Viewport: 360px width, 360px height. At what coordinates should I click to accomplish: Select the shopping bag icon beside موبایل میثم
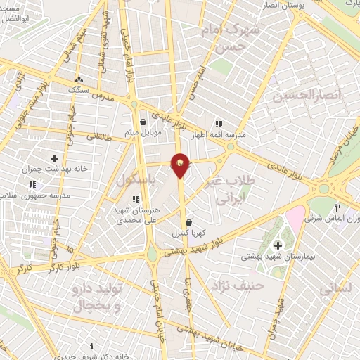pos(143,121)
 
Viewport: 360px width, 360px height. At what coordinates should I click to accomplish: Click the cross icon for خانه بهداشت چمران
pos(55,157)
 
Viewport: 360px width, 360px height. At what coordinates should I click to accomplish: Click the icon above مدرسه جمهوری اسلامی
pos(32,184)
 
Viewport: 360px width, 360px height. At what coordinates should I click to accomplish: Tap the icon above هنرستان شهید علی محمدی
pos(136,199)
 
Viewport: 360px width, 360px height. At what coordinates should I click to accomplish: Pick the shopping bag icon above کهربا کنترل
pos(188,221)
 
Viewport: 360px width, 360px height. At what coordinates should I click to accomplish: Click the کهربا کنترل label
pos(187,232)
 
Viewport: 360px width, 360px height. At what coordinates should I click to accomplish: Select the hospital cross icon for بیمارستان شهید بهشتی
pos(278,245)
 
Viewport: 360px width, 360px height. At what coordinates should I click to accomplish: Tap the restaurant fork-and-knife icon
pos(338,207)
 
